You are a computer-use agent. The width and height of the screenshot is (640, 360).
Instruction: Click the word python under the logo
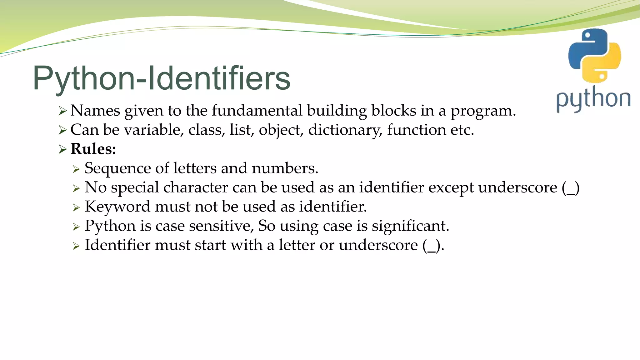tap(593, 99)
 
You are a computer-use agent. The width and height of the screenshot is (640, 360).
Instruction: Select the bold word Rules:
tap(93, 149)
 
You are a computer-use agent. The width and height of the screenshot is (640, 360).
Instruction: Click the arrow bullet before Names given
tap(62, 111)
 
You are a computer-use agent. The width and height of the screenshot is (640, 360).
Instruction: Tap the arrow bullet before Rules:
tap(62, 149)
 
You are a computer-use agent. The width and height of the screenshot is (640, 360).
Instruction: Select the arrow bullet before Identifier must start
tap(76, 246)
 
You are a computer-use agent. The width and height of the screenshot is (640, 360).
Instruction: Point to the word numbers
tap(285, 168)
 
